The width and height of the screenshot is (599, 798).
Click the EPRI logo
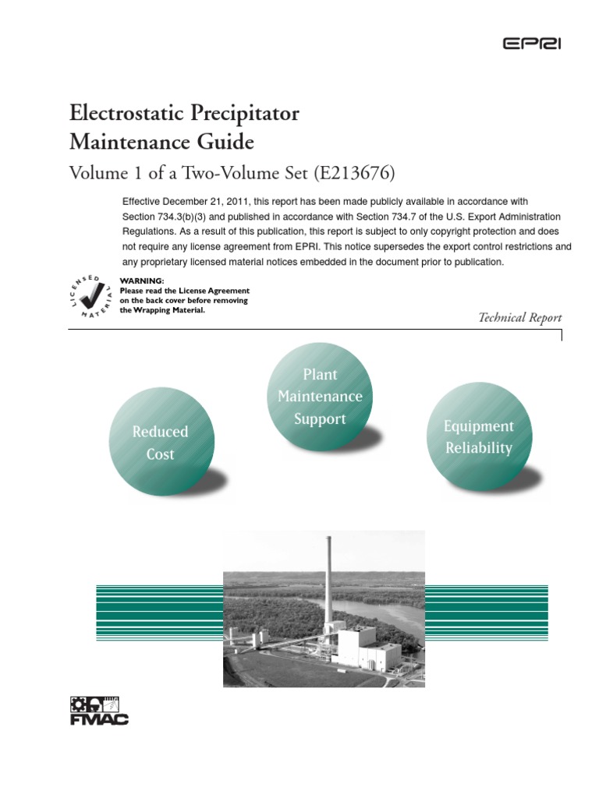(x=531, y=44)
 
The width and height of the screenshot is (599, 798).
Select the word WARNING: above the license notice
(x=142, y=281)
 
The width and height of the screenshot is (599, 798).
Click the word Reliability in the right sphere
(x=478, y=448)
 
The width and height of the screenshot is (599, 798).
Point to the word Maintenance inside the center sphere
(x=320, y=397)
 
